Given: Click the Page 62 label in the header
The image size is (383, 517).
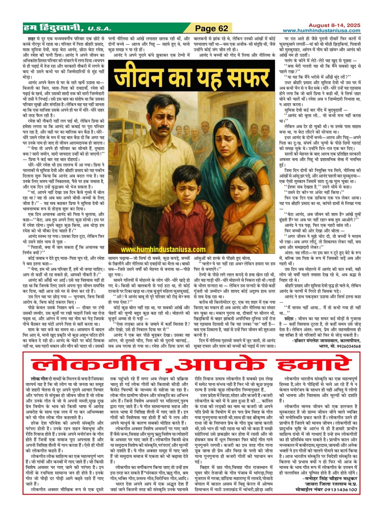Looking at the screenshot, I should (212, 28).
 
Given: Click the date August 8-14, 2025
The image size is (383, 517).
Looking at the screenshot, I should (334, 25).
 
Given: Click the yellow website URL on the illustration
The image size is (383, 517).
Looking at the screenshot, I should (163, 250).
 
